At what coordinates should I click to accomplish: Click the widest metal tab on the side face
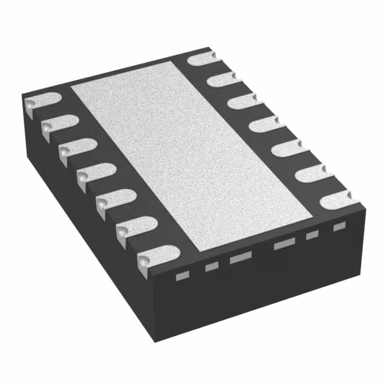coord(284,244)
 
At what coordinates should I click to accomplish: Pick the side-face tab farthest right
coord(339,226)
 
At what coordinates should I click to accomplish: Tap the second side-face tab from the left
coord(211,267)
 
